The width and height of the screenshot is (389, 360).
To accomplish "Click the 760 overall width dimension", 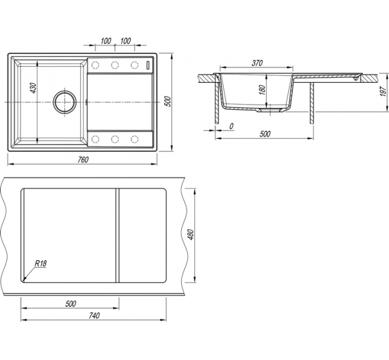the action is pyautogui.click(x=83, y=160).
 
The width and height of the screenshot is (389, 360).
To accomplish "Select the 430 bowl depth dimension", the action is pyautogui.click(x=33, y=88).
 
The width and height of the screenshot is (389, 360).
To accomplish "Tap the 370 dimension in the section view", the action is pyautogui.click(x=257, y=63).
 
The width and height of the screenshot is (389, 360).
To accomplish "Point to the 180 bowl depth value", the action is pyautogui.click(x=262, y=90).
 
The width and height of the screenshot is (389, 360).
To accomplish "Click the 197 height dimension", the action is pyautogui.click(x=383, y=91).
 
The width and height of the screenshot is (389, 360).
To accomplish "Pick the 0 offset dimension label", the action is pyautogui.click(x=231, y=126).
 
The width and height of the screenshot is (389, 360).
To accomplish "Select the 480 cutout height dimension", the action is pyautogui.click(x=190, y=234).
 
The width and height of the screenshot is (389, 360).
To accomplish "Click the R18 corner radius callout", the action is pyautogui.click(x=41, y=263).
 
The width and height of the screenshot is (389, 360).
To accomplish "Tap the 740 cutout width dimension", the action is pyautogui.click(x=94, y=315).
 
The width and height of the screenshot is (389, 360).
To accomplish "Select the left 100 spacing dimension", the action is pyautogui.click(x=106, y=41).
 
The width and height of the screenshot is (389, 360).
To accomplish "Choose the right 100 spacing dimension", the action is pyautogui.click(x=125, y=41).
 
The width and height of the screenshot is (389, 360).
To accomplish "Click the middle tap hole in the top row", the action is pyautogui.click(x=115, y=65).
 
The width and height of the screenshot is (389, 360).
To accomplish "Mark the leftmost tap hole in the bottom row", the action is pyautogui.click(x=96, y=139).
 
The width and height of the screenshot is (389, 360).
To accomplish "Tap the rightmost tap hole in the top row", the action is pyautogui.click(x=134, y=65).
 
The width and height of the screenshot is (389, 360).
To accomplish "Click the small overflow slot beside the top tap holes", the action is pyautogui.click(x=148, y=65).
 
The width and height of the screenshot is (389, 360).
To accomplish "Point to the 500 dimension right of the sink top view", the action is pyautogui.click(x=168, y=101).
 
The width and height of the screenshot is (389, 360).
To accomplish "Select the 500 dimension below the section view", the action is pyautogui.click(x=265, y=134).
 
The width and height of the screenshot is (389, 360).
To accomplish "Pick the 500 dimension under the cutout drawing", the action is pyautogui.click(x=70, y=303).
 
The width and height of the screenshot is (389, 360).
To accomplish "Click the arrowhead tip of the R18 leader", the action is pyautogui.click(x=23, y=281).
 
